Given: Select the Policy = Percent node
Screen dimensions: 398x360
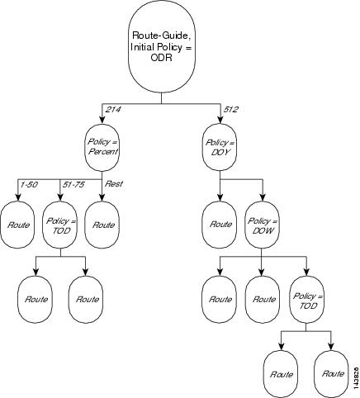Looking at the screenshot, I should (x=101, y=149).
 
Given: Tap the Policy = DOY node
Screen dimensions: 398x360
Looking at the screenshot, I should (x=219, y=149).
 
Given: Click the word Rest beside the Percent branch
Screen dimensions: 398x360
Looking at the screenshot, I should (x=112, y=183).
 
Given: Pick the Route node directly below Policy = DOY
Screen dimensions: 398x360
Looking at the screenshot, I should (x=219, y=224).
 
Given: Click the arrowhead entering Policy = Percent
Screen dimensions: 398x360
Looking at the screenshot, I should (x=101, y=122).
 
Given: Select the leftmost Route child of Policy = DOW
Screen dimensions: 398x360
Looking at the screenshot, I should (x=219, y=298).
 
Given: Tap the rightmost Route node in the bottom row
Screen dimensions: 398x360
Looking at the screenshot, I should (x=333, y=373).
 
